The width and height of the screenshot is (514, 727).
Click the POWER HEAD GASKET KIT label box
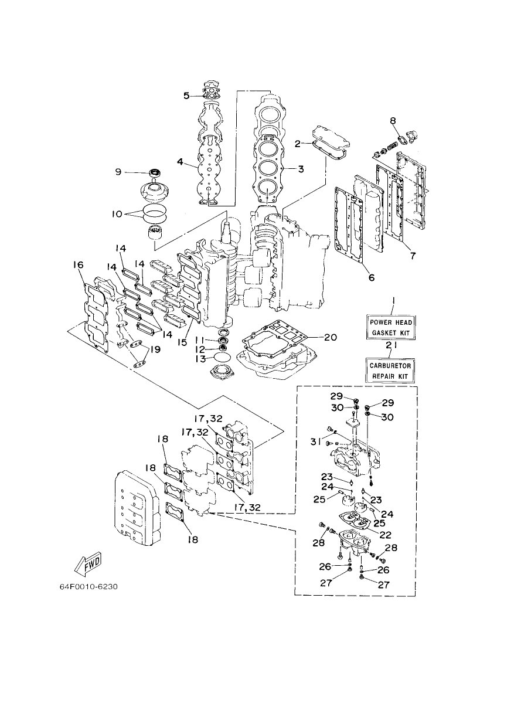pos(392,328)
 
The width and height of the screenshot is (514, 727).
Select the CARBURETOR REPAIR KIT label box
pos(390,371)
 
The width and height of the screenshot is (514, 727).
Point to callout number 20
pos(330,337)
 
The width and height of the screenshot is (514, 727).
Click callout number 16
pos(78,265)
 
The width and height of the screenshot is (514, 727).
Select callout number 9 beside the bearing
pos(118,172)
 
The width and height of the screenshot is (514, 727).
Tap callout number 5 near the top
pos(186,96)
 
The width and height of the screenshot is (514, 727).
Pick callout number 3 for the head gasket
pos(301,169)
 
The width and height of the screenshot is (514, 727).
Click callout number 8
pos(393,121)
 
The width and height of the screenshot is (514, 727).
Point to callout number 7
pos(412,256)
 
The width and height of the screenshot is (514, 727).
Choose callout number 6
pos(372,277)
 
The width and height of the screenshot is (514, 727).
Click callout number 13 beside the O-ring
pos(200,359)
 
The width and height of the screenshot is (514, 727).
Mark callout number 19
pos(155,349)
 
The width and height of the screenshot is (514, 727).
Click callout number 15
pos(182,342)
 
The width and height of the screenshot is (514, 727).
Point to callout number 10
pos(117,214)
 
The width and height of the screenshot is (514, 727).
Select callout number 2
pos(298,144)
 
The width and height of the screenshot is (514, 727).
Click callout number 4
pos(180,161)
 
